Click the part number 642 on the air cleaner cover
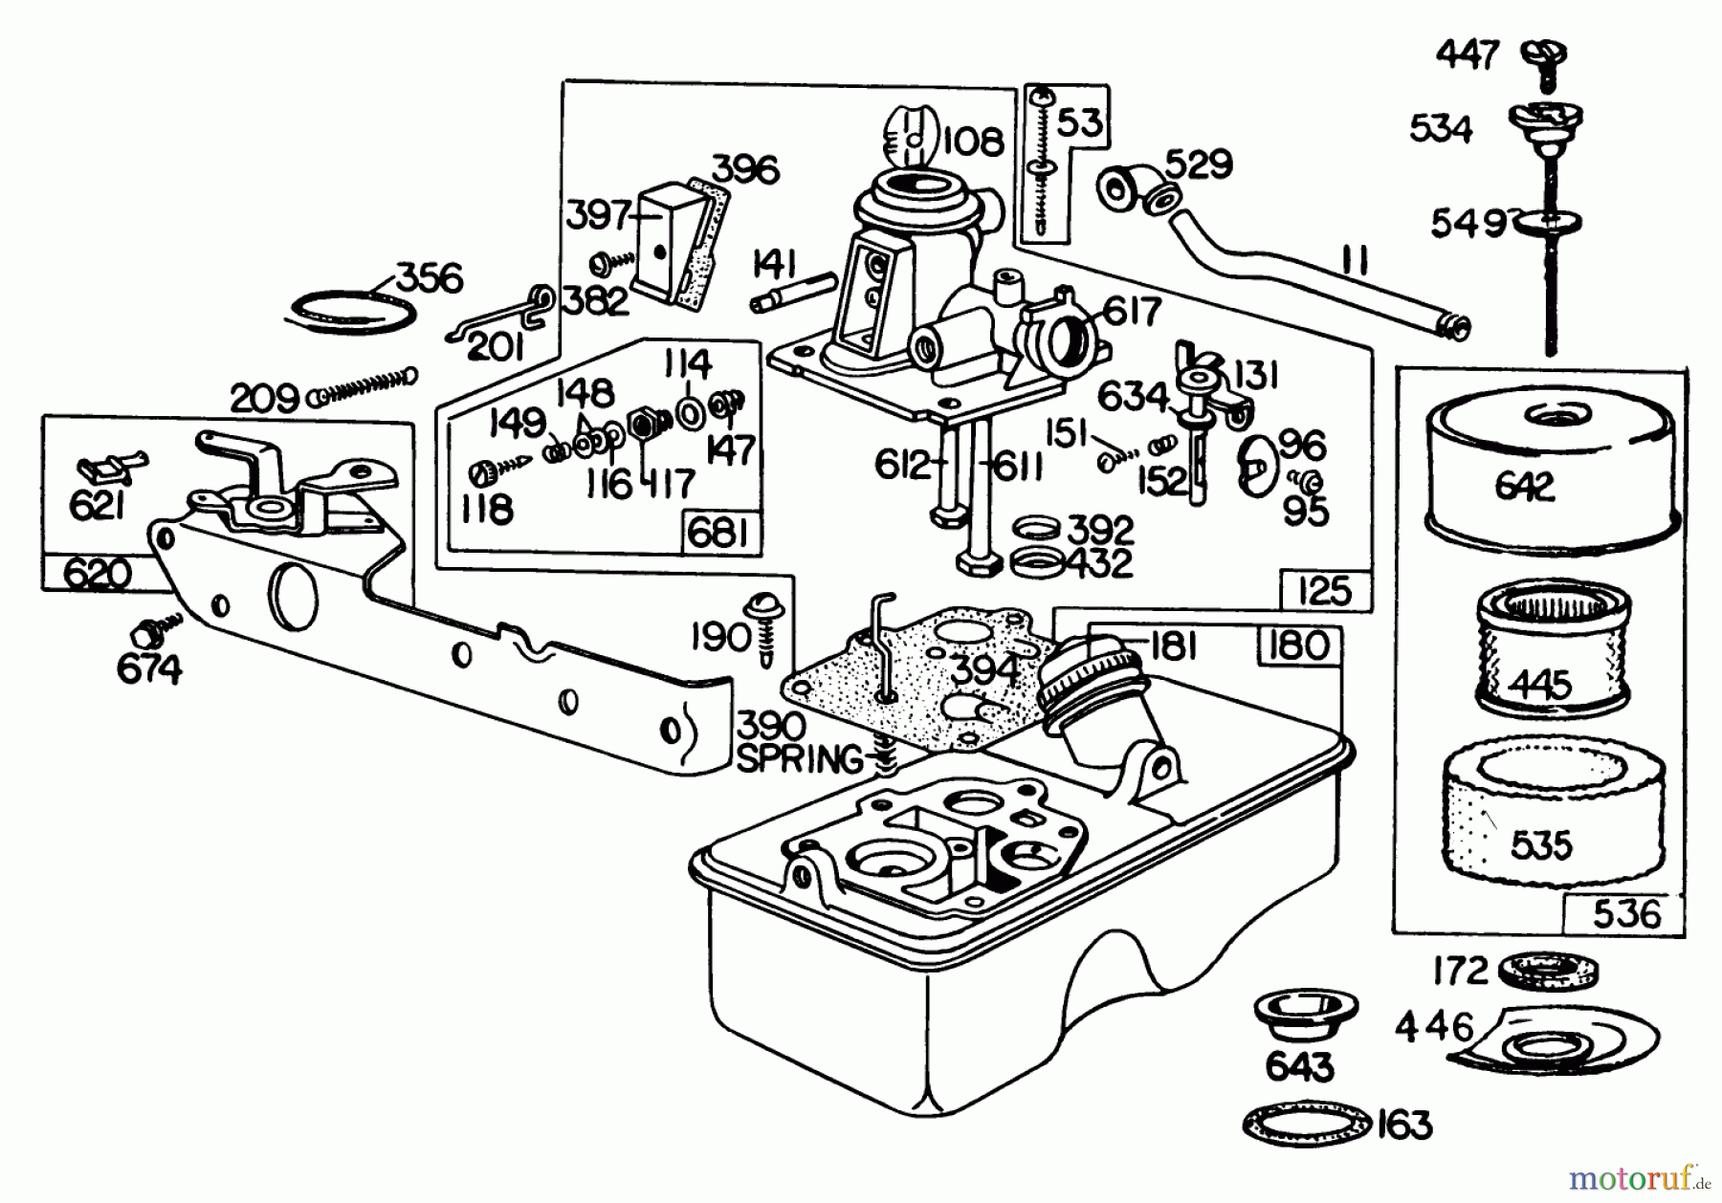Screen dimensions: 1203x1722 click(x=1525, y=487)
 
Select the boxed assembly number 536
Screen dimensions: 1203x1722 click(x=1626, y=913)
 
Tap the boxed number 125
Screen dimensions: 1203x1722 click(x=1325, y=591)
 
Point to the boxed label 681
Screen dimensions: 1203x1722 click(x=717, y=533)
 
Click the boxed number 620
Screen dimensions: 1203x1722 click(x=96, y=574)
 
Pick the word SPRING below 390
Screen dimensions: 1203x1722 click(x=800, y=760)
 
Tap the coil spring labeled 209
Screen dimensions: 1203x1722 click(x=364, y=386)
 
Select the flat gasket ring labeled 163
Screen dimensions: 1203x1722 click(x=1307, y=1123)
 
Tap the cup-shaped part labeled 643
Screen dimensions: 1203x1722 click(x=1298, y=1017)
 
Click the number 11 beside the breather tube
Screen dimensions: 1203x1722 click(x=1356, y=259)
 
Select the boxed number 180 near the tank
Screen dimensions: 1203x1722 click(x=1298, y=646)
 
